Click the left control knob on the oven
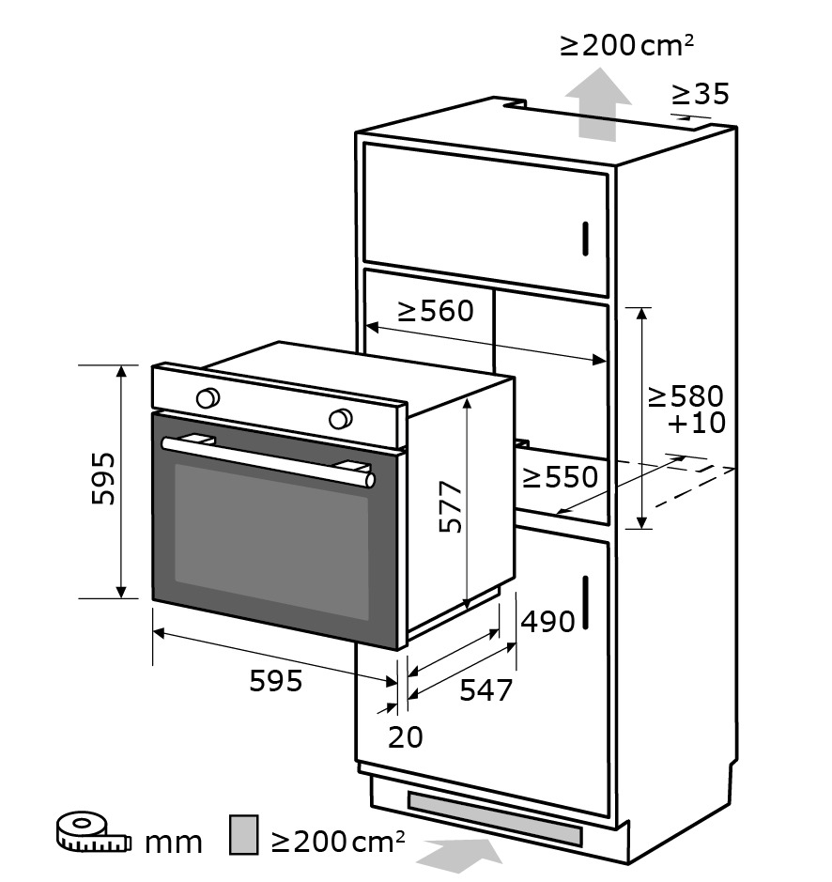[x=208, y=397]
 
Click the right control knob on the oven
[x=341, y=419]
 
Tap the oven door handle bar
[x=268, y=461]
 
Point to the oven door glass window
[x=271, y=542]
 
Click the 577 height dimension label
[x=451, y=506]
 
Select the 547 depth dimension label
[x=486, y=690]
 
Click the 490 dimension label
[x=547, y=622]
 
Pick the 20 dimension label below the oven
[x=405, y=736]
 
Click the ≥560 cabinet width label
[x=436, y=311]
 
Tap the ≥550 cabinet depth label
[x=561, y=477]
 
